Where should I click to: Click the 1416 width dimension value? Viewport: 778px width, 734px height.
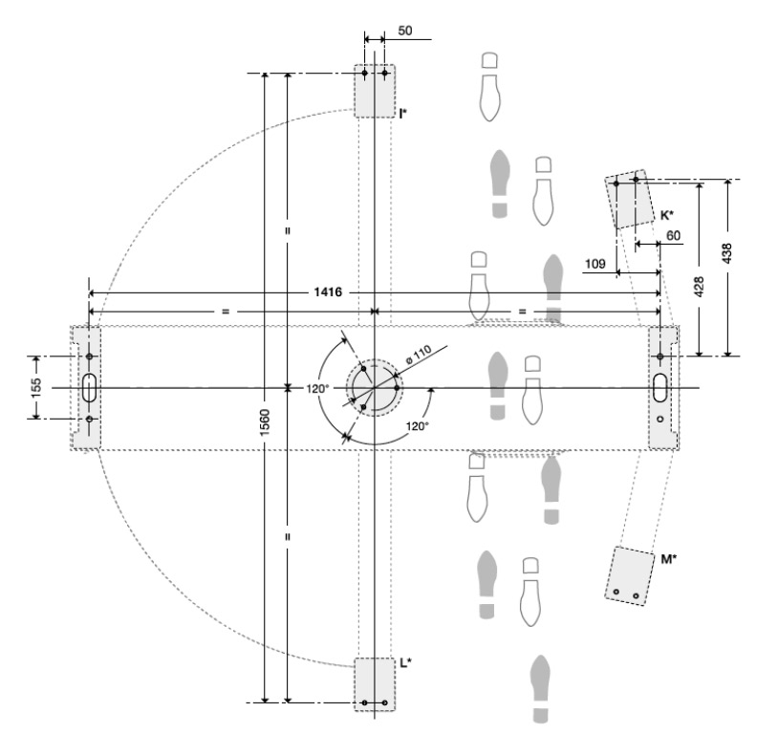[328, 291]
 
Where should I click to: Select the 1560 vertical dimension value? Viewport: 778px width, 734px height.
[265, 422]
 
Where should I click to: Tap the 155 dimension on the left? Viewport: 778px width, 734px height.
[35, 388]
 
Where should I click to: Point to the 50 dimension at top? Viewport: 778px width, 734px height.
[405, 31]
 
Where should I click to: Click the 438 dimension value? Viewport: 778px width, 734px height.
[727, 253]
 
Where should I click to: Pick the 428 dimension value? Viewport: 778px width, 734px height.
[698, 287]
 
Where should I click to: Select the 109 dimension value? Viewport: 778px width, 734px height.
[594, 263]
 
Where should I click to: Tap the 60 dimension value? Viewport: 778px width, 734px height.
[673, 235]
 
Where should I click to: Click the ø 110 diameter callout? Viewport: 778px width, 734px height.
[419, 355]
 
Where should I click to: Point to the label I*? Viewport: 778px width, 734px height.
[403, 113]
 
